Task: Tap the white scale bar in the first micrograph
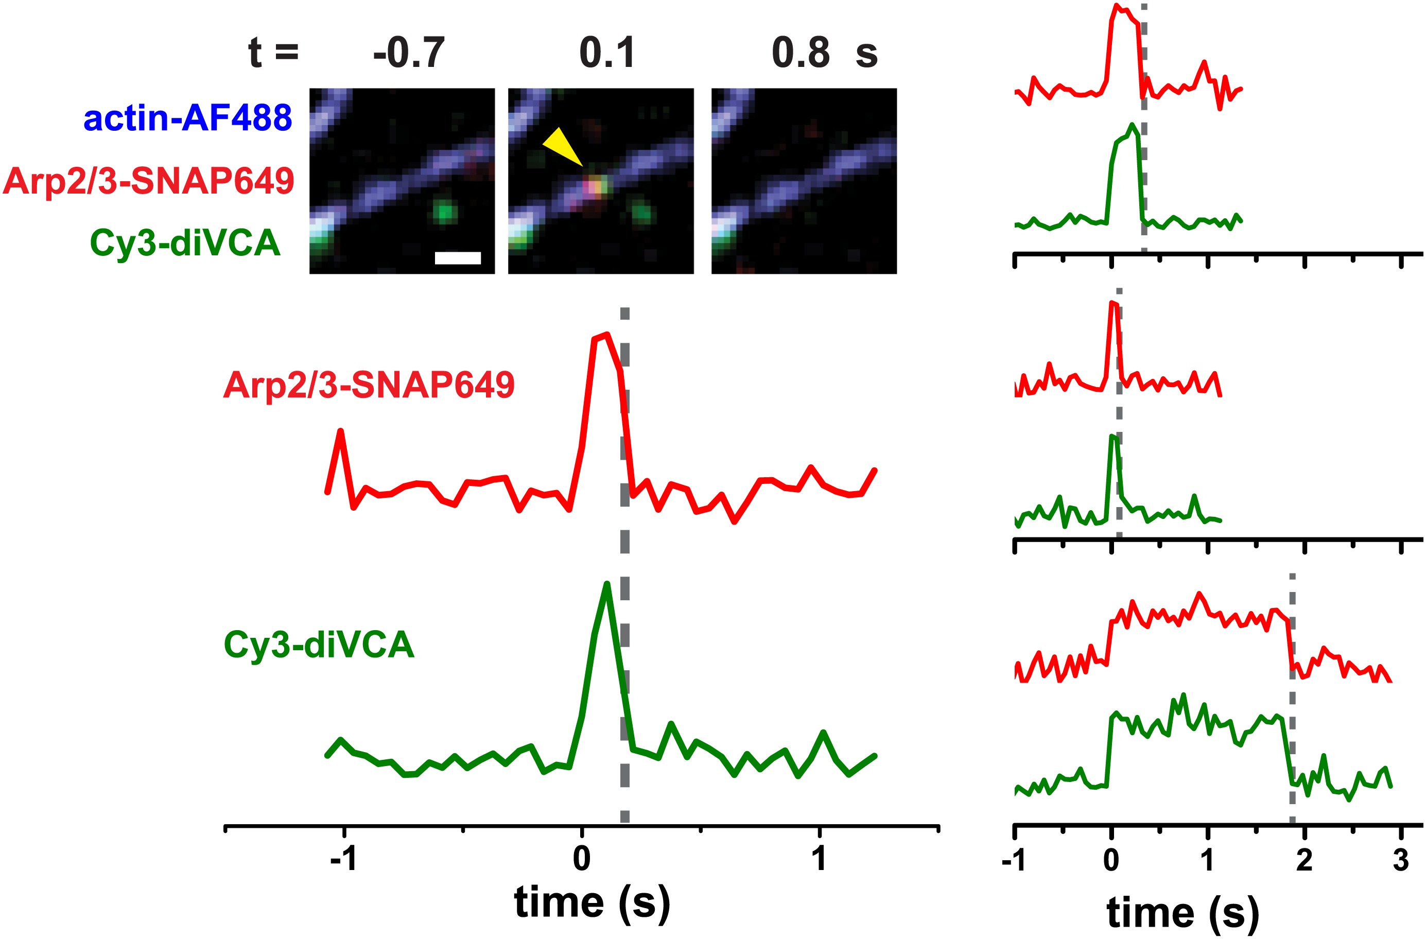458,258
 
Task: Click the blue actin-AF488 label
187,117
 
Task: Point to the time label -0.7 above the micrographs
409,53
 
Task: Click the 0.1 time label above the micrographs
606,53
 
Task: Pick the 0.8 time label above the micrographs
801,53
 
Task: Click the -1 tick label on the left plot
344,859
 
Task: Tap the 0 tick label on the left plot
581,859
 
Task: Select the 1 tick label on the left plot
819,859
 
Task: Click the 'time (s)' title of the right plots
1182,913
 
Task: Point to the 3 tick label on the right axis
1401,860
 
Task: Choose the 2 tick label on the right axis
1305,860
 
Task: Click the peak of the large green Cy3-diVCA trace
607,584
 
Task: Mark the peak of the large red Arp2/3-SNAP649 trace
607,335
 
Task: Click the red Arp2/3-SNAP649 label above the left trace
369,384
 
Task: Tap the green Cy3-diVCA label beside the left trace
319,645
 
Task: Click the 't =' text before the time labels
273,53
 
